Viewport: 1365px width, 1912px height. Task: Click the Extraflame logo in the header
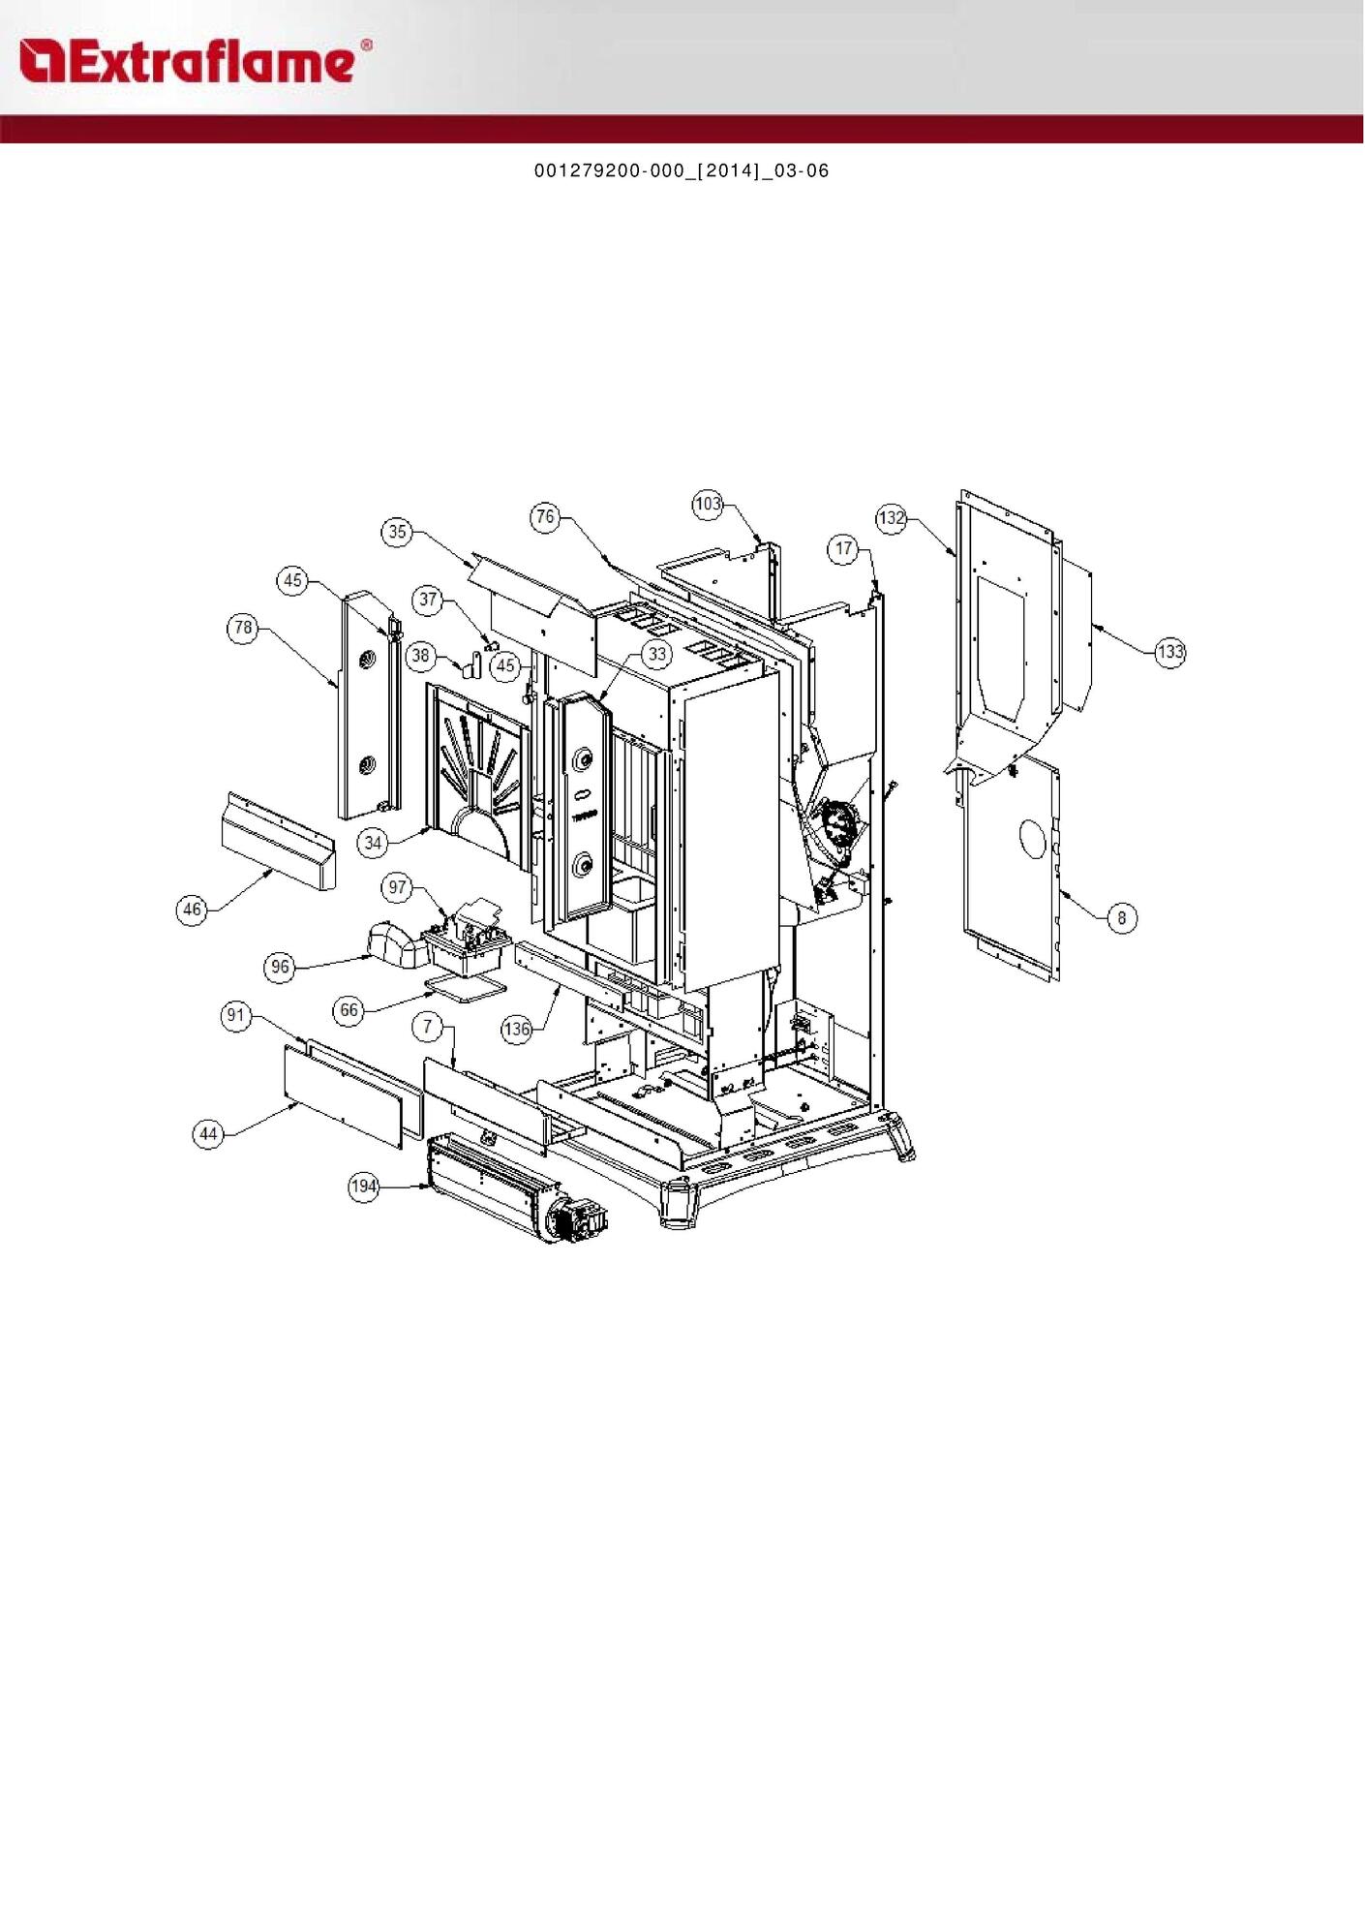195,61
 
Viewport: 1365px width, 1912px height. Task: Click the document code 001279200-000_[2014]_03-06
682,171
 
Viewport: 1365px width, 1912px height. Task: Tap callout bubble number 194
364,1187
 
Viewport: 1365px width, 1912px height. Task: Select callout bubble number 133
1170,652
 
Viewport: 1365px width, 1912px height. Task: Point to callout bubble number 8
1122,918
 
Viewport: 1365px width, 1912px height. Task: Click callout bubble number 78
243,628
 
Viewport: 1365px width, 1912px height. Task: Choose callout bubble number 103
708,504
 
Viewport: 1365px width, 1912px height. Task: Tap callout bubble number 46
193,910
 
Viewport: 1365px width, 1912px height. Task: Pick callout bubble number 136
517,1029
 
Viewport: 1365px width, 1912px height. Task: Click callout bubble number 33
657,655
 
